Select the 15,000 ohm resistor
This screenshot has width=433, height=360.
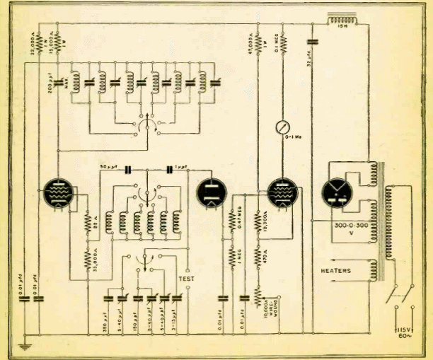58,41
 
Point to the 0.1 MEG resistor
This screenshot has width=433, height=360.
283,43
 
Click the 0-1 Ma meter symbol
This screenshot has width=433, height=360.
283,128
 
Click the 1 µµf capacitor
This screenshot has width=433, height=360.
171,169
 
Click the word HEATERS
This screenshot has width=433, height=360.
335,270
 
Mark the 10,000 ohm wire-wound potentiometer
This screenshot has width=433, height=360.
258,294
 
